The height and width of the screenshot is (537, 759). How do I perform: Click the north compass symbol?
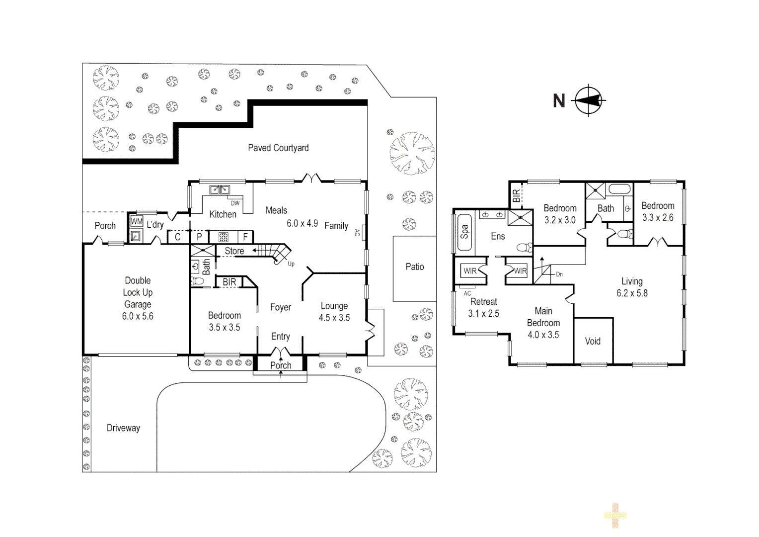589,100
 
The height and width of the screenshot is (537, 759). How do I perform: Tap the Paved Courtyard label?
278,148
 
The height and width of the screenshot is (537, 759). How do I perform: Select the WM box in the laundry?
137,222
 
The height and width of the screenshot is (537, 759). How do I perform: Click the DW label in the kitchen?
235,203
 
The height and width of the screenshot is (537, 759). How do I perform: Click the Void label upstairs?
593,341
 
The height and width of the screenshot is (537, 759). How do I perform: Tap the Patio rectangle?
414,268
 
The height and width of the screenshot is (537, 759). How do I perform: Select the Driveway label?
123,428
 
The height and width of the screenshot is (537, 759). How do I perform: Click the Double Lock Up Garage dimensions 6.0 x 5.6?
138,316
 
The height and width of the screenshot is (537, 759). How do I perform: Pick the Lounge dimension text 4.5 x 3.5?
334,318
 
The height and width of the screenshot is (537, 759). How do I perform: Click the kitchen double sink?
220,189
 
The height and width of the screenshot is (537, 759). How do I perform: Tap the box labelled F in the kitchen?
246,237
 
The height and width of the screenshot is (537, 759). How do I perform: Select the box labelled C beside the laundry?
178,237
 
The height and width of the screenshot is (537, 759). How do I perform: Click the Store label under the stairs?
234,251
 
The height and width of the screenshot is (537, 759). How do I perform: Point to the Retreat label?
483,302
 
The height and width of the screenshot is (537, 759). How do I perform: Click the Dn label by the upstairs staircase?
559,274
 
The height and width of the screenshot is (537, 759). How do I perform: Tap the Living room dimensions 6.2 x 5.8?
632,293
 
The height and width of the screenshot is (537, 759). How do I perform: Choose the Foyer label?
281,307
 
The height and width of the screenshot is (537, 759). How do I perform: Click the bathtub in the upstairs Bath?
619,189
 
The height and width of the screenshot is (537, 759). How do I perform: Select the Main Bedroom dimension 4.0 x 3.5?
543,335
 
